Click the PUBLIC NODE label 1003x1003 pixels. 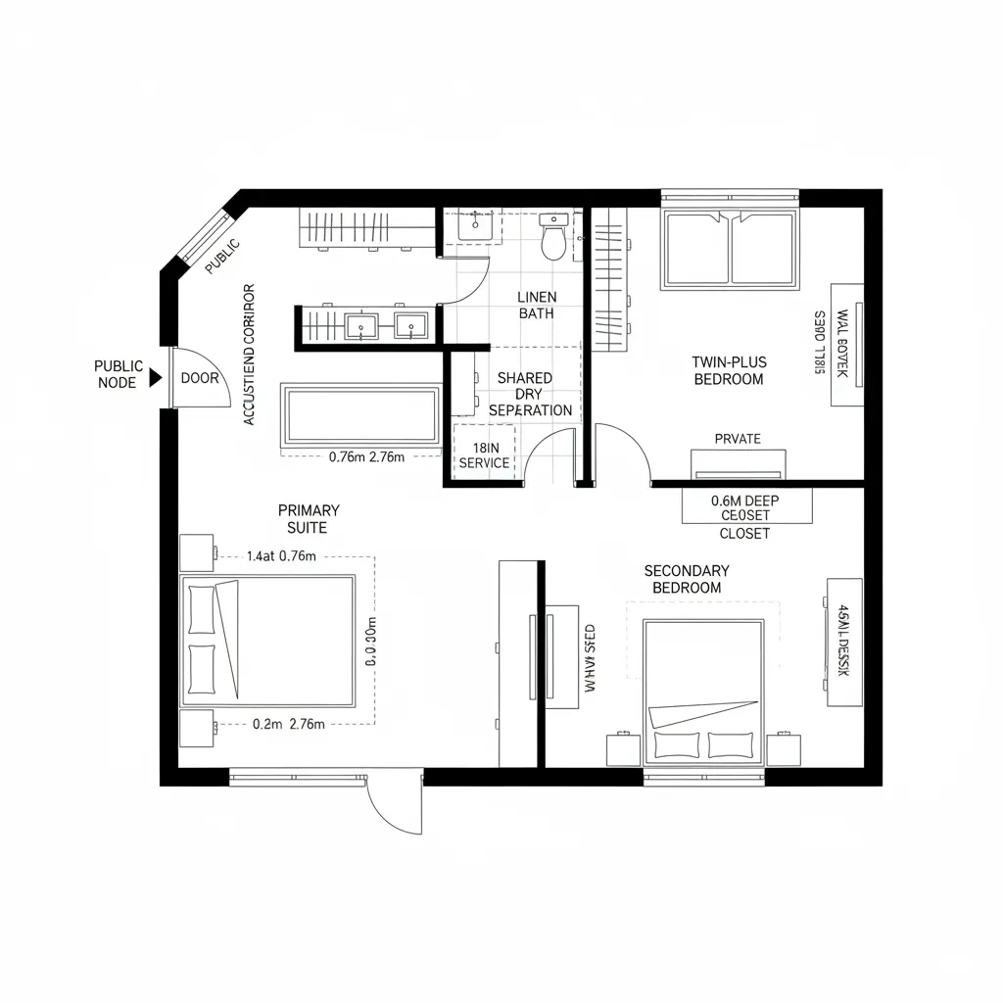[119, 374]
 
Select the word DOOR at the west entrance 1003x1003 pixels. [200, 378]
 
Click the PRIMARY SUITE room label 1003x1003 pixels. [309, 518]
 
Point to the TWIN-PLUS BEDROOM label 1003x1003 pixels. [729, 370]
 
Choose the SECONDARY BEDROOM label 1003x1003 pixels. [687, 579]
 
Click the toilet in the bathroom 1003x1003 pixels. [554, 238]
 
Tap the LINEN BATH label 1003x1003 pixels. [536, 305]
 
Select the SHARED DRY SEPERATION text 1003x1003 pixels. [529, 394]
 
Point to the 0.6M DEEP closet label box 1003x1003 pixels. [746, 507]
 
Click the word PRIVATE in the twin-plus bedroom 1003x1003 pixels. [738, 439]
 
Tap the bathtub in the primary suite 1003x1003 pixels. [360, 414]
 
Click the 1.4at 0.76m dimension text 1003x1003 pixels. [281, 556]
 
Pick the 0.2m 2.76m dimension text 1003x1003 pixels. [289, 724]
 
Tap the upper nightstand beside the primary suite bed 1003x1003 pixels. [197, 552]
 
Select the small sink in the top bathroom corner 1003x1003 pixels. [475, 226]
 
